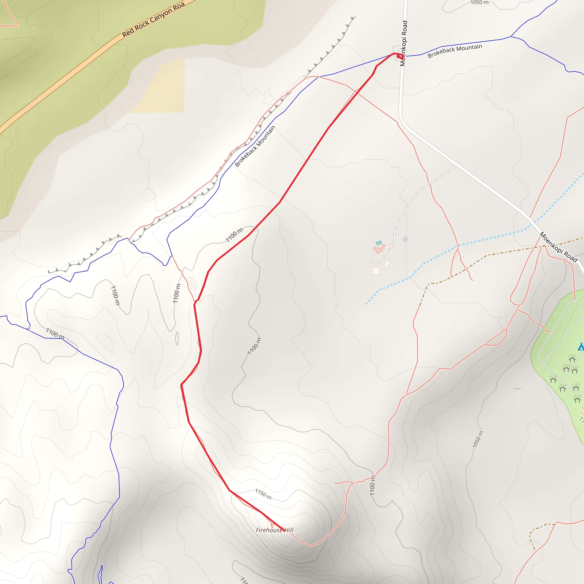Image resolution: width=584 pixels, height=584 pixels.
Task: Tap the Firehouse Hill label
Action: tap(275, 530)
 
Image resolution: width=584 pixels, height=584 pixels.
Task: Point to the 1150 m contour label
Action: tap(263, 494)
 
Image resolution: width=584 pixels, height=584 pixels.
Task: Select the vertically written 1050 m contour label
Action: tap(478, 439)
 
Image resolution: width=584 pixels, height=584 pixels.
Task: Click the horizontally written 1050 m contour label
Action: tap(479, 2)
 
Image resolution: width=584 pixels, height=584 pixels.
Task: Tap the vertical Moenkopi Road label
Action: tap(403, 43)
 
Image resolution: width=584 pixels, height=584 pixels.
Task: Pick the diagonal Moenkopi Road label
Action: tap(559, 247)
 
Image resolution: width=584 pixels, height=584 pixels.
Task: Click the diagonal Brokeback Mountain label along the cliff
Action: tap(255, 146)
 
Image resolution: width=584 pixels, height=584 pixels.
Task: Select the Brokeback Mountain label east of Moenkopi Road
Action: tap(455, 51)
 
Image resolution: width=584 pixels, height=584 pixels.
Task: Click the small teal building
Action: tap(379, 243)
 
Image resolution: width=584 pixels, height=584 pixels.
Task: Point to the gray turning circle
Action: tap(405, 239)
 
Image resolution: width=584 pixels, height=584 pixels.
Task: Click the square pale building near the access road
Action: tap(376, 271)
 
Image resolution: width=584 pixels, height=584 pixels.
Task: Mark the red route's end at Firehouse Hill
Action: tap(284, 531)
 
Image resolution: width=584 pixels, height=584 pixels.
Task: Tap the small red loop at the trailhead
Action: tap(399, 56)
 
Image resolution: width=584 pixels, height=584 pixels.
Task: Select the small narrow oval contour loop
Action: tap(177, 338)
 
